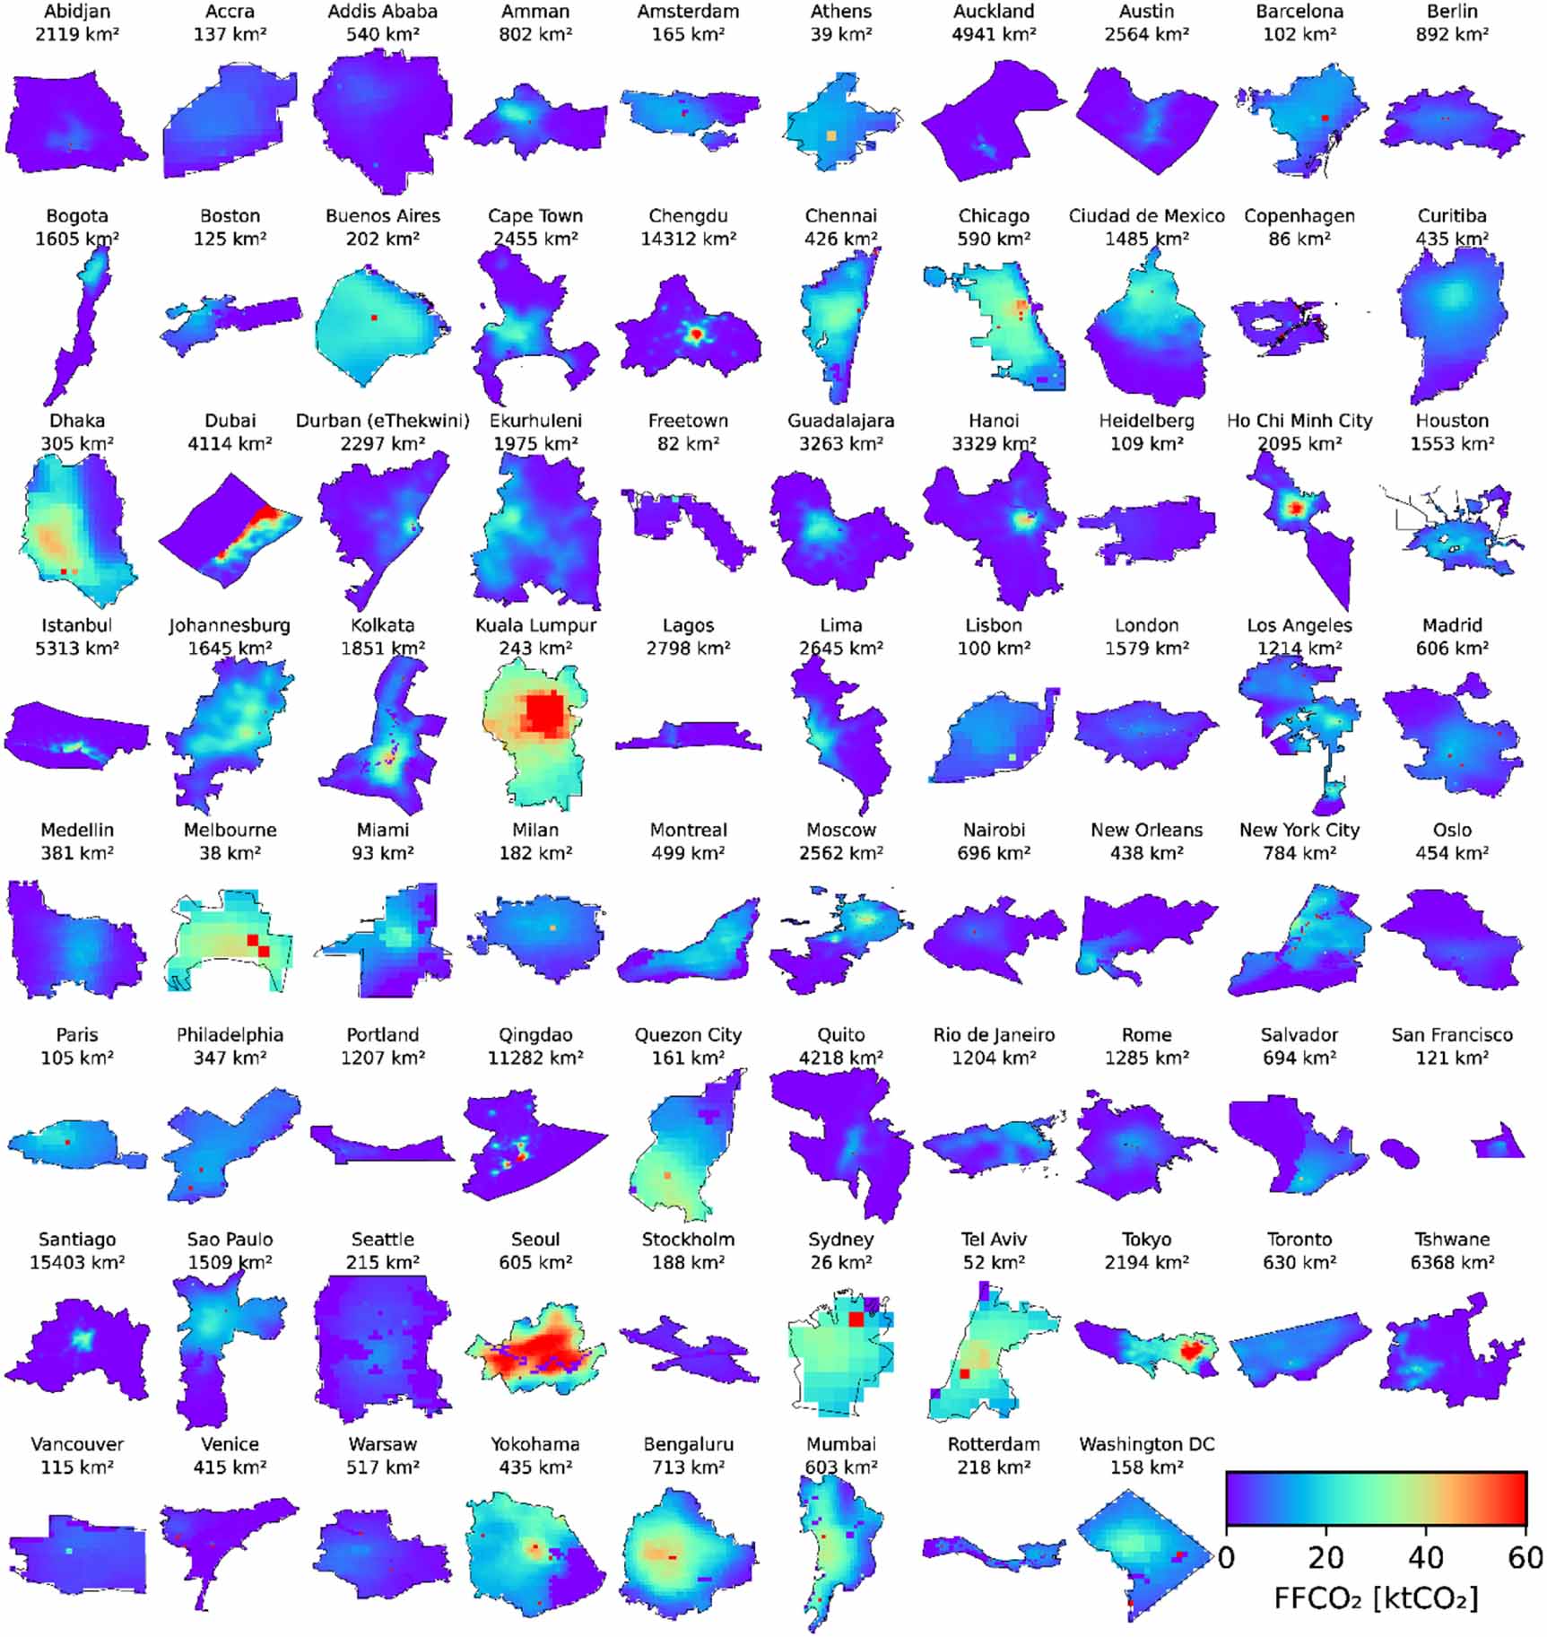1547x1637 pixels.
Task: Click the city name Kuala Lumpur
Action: point(535,625)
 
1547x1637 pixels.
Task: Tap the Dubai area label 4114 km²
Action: point(230,443)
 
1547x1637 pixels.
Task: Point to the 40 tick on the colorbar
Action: point(1426,1556)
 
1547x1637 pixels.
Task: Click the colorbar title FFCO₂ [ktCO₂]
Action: point(1376,1598)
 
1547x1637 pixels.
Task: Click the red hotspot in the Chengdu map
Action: point(695,335)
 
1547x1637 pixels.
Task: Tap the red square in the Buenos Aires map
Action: point(374,318)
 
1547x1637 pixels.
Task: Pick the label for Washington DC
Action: point(1146,1444)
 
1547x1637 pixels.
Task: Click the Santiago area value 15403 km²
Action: point(77,1262)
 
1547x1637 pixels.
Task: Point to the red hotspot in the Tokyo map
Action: point(1192,1349)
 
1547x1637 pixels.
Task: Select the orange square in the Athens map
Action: point(831,135)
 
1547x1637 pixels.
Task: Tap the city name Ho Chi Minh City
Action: point(1299,421)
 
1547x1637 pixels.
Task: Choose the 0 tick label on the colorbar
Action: point(1226,1556)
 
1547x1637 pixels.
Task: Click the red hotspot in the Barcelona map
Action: point(1325,118)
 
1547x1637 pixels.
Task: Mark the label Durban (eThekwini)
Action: point(383,421)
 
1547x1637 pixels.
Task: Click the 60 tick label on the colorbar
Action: point(1525,1556)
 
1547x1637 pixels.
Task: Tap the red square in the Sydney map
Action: point(856,1319)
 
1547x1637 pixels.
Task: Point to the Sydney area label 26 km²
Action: point(840,1262)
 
